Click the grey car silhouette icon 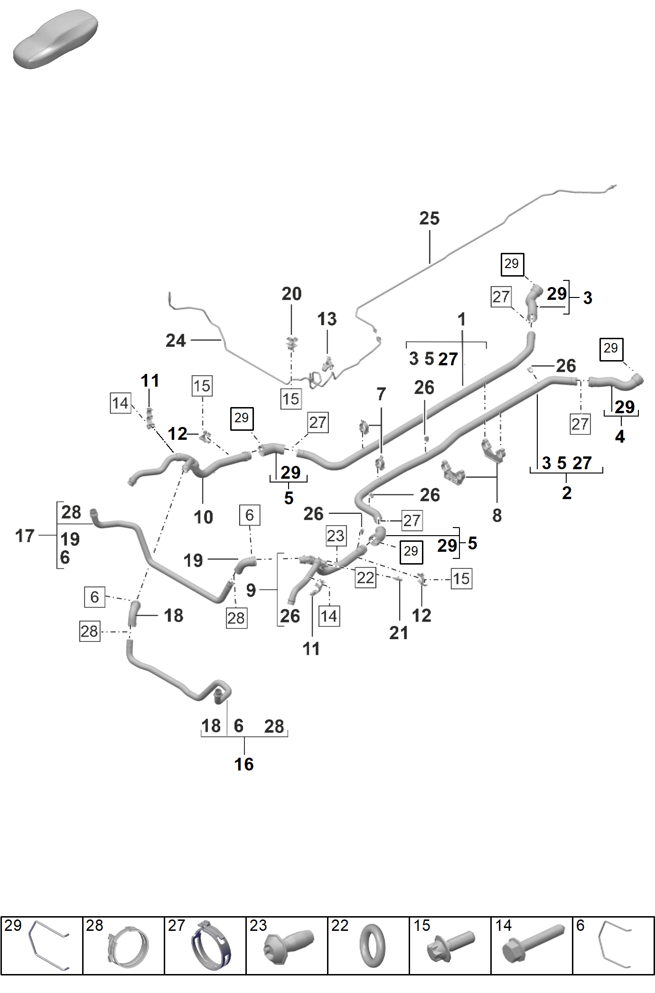pyautogui.click(x=56, y=39)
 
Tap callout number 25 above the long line pyautogui.click(x=429, y=218)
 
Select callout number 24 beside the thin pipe pyautogui.click(x=176, y=340)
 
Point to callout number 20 pyautogui.click(x=291, y=294)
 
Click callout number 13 pyautogui.click(x=327, y=319)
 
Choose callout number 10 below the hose pyautogui.click(x=203, y=517)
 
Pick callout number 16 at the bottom pyautogui.click(x=244, y=764)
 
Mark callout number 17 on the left pyautogui.click(x=25, y=536)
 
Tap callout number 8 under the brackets pyautogui.click(x=497, y=515)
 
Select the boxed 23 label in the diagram pyautogui.click(x=336, y=536)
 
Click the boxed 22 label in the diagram pyautogui.click(x=365, y=577)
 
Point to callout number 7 pyautogui.click(x=381, y=394)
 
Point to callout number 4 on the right pyautogui.click(x=620, y=436)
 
